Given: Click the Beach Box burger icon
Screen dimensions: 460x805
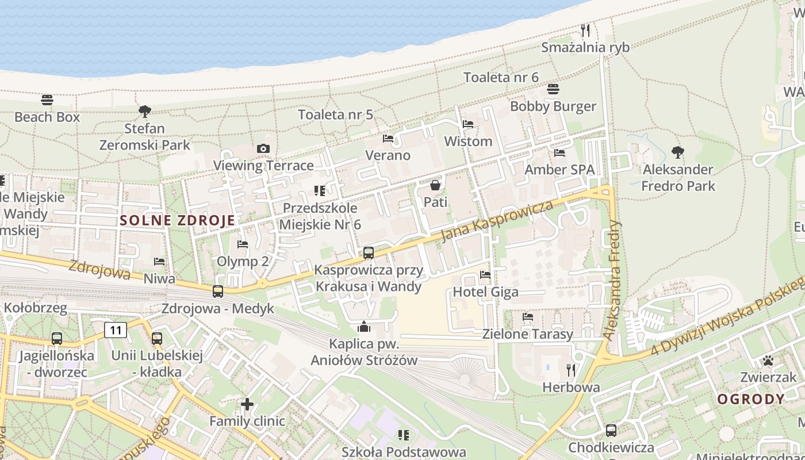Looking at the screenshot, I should coord(47,100).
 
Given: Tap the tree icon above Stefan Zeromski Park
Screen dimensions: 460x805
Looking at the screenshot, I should coord(144,111).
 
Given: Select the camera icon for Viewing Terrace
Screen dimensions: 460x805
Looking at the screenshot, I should coord(263,149).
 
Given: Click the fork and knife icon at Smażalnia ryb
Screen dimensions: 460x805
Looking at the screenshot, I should coord(585,30).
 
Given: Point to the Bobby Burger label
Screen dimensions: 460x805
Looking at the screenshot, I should coord(553,106).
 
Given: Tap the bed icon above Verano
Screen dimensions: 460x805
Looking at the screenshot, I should coord(388,139).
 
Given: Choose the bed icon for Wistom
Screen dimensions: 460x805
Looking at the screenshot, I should coord(468,124).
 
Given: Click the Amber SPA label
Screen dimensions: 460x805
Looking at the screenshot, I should coord(559,170).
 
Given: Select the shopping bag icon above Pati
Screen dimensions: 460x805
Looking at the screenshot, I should coord(435,185).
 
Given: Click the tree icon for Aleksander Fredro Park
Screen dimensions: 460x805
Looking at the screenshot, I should coord(678,152).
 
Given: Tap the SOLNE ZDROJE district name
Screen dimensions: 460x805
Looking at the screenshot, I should coord(177,220).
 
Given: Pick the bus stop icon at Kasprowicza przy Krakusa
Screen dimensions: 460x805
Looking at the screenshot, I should coord(369,252).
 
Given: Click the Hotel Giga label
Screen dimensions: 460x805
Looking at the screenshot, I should coord(485,292).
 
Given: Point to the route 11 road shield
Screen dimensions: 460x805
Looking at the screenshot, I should coord(116,330).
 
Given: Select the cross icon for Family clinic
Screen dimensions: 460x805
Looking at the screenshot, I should coord(247,404).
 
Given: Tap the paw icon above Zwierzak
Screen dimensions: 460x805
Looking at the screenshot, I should coord(768,361).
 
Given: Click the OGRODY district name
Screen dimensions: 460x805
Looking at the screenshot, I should coord(751,399).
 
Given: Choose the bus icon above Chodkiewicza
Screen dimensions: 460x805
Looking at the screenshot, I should coord(611,430).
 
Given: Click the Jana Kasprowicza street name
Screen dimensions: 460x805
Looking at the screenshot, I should coord(497,221).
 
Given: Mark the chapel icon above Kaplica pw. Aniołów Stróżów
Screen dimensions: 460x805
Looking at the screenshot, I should coord(364,327).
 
